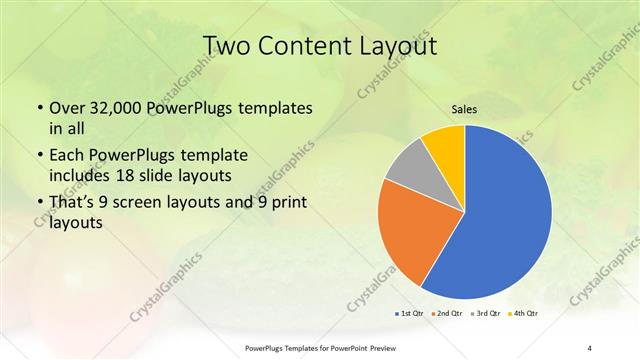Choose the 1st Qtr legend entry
409,314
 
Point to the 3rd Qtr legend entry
486,314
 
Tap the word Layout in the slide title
396,46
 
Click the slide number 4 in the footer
589,347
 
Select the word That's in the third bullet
75,206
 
